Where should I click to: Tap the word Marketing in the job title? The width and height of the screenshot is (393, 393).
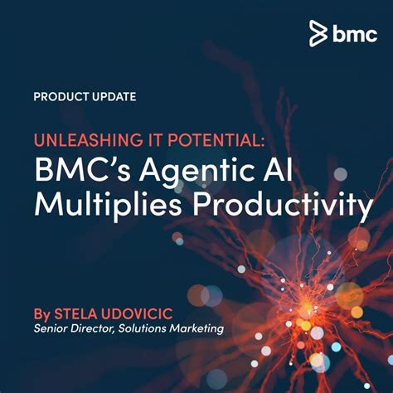click(x=201, y=330)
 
